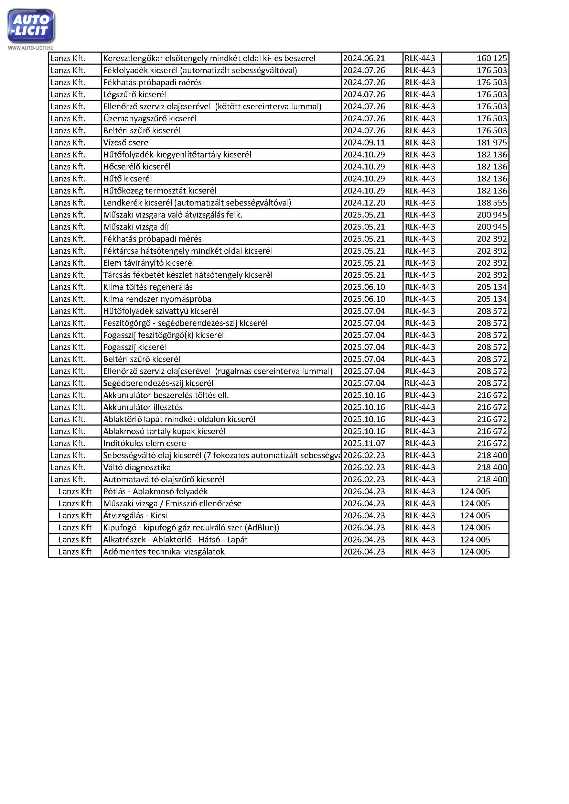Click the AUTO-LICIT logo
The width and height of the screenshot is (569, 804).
(31, 26)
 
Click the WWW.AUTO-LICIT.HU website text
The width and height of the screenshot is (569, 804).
(31, 48)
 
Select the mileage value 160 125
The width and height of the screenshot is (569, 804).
(492, 58)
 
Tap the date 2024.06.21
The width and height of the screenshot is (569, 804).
(364, 58)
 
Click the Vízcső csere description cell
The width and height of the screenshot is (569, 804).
(126, 143)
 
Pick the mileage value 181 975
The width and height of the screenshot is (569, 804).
(492, 143)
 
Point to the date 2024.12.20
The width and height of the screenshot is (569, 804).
(364, 203)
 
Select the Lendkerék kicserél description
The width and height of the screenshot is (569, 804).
(197, 203)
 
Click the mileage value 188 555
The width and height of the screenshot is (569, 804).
(492, 203)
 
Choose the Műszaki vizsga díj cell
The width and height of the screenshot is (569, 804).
(136, 227)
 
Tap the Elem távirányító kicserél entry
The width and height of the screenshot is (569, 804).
(148, 263)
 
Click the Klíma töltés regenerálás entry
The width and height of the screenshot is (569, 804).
(148, 287)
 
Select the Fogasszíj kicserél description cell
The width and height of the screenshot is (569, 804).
(135, 347)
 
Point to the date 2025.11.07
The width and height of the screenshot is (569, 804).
(364, 443)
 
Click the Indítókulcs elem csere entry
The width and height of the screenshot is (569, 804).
(144, 443)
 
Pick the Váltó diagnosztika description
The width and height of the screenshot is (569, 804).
(137, 467)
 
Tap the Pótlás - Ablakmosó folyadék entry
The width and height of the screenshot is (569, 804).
(155, 492)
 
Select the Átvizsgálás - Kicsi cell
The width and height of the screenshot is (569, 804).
(135, 516)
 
